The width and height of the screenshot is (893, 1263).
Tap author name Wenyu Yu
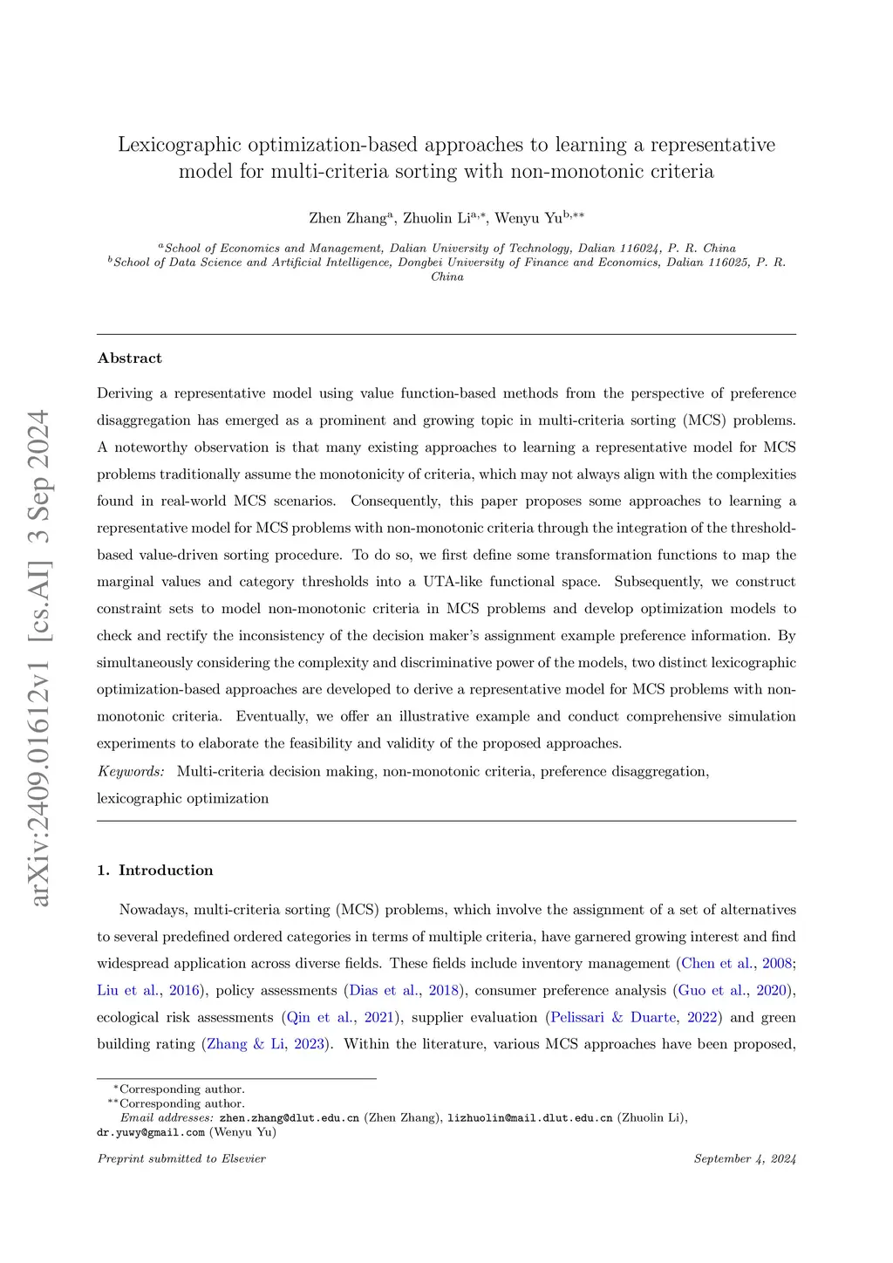coord(528,218)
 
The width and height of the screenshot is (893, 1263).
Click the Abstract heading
coord(130,358)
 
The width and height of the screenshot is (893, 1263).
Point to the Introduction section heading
coord(166,870)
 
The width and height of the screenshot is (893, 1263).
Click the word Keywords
coord(131,771)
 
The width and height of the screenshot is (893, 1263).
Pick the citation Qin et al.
coord(320,1018)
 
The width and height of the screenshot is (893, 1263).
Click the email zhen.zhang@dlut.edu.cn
coord(289,1118)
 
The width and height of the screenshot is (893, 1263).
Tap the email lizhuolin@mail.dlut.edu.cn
coord(529,1118)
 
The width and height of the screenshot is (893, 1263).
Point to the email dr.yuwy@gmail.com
coord(151,1133)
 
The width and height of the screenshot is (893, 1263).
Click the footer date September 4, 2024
coord(745,1159)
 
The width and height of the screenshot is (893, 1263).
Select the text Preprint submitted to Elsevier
coord(181,1159)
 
